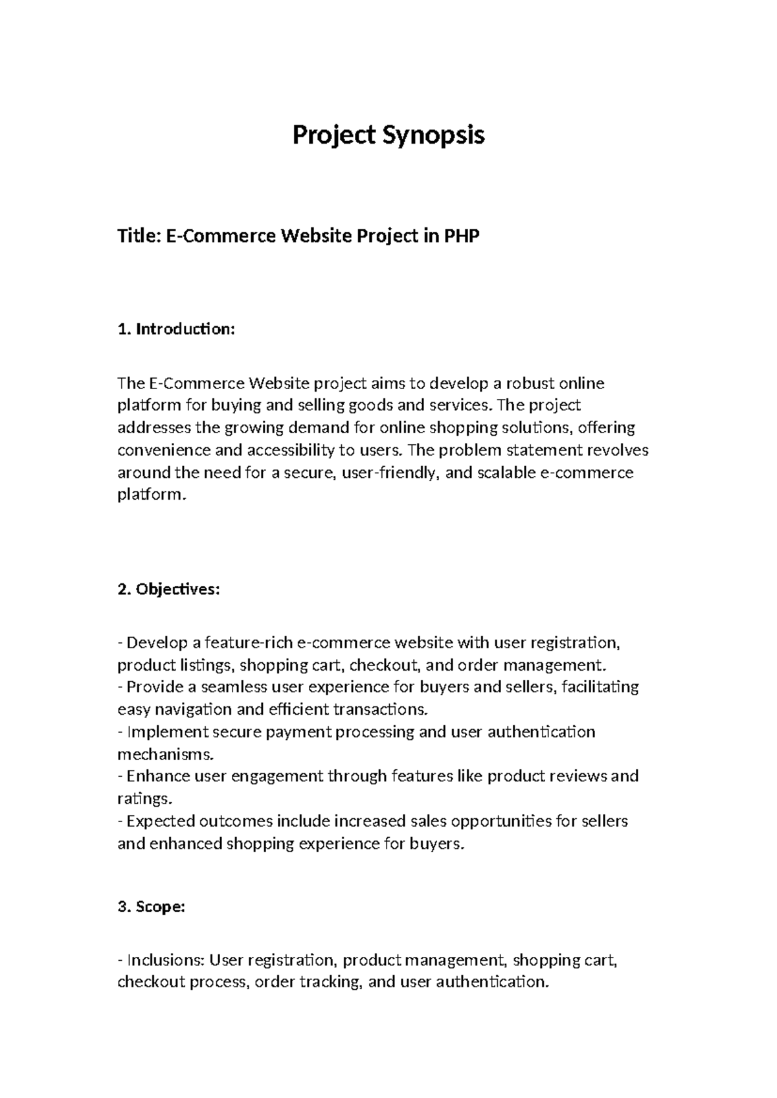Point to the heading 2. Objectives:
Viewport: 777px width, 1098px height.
point(169,590)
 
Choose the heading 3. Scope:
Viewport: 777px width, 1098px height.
point(152,907)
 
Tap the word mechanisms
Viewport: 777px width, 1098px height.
point(164,754)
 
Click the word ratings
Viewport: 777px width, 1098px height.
point(138,799)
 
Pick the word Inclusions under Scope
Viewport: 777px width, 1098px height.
point(165,959)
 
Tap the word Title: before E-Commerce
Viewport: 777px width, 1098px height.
point(139,237)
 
